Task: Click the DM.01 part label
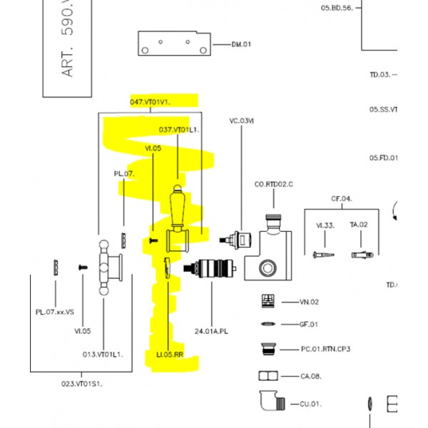242,45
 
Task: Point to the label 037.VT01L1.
178,130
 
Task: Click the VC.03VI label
241,121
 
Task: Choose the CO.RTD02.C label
274,185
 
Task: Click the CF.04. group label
341,198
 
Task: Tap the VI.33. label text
325,225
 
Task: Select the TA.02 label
359,225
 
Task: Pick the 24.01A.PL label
211,331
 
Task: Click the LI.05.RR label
170,354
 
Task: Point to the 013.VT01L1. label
103,354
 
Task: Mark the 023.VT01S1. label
82,384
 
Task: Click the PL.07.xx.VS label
55,312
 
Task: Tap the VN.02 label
309,302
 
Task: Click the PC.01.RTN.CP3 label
325,349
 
